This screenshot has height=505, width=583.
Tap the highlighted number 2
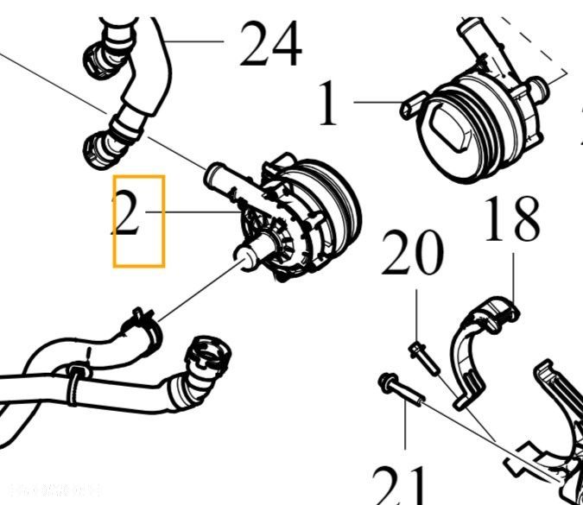pyautogui.click(x=127, y=215)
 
